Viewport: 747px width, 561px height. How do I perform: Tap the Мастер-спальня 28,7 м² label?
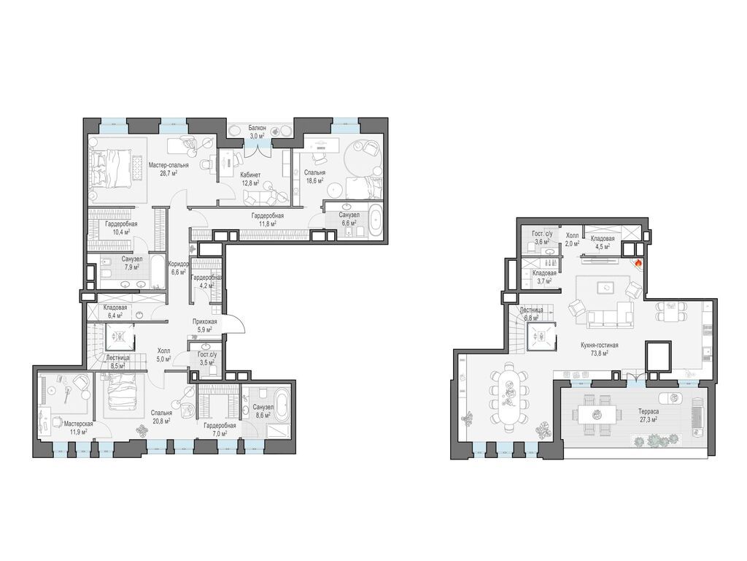[169, 169]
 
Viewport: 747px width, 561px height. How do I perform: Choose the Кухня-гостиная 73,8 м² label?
[599, 349]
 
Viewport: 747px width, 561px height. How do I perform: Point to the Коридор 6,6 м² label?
[179, 267]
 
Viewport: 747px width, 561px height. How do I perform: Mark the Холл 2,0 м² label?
[572, 240]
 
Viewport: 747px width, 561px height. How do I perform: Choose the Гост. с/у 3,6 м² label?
[541, 237]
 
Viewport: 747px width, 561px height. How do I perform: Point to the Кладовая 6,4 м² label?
[115, 312]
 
